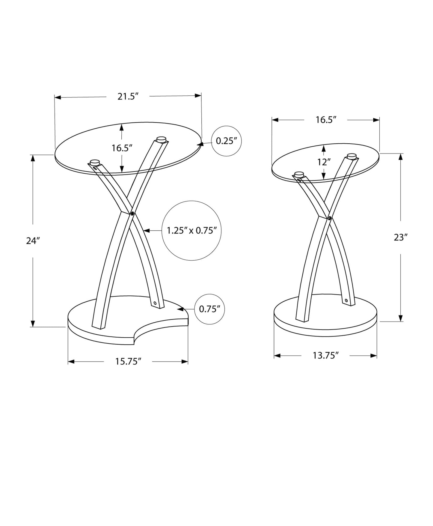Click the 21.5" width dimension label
[x=128, y=97]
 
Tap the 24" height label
[x=33, y=241]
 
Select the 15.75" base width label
[x=128, y=361]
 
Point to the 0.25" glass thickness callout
[x=227, y=141]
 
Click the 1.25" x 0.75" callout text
[x=192, y=231]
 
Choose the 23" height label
[x=401, y=238]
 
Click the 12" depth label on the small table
[x=324, y=162]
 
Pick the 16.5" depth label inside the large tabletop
[x=122, y=148]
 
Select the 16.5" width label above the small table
[x=326, y=120]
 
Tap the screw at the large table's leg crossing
[x=132, y=214]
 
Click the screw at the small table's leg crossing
[x=330, y=218]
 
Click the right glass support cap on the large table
[x=161, y=139]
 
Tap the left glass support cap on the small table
[x=299, y=174]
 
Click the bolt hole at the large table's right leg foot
[x=155, y=303]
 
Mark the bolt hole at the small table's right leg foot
[x=346, y=300]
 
